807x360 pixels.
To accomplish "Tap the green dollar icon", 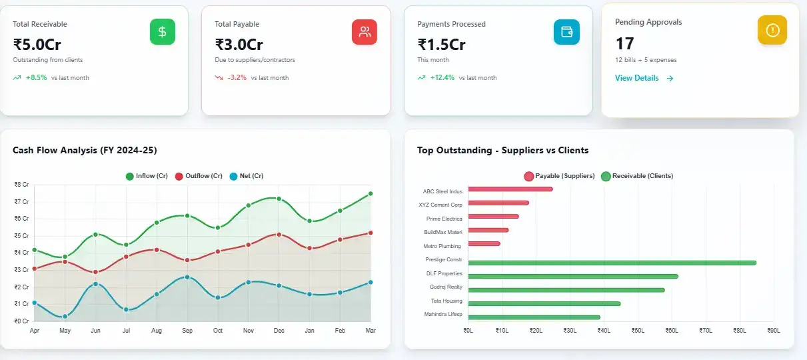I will (x=163, y=32).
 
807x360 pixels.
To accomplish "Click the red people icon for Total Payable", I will (x=365, y=32).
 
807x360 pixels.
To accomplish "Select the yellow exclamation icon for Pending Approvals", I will (x=772, y=30).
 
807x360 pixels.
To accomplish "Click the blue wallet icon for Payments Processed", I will (x=566, y=32).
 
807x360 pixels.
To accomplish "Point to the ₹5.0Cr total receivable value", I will (x=37, y=45).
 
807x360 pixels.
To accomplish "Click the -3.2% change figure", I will (x=238, y=78).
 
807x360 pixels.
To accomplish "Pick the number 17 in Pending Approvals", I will (x=624, y=43).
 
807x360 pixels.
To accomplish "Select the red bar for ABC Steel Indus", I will (x=510, y=189).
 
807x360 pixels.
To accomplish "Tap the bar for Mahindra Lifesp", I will (x=534, y=317).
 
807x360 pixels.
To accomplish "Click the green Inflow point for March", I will (x=371, y=193).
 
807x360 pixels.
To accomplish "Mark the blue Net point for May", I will (x=65, y=317).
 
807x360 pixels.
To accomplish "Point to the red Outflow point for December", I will (x=279, y=235).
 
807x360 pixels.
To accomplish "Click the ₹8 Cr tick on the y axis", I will (x=21, y=185).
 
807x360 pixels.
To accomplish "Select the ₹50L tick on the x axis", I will (x=638, y=330).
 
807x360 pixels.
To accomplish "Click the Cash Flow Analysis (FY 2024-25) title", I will (x=85, y=150).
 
